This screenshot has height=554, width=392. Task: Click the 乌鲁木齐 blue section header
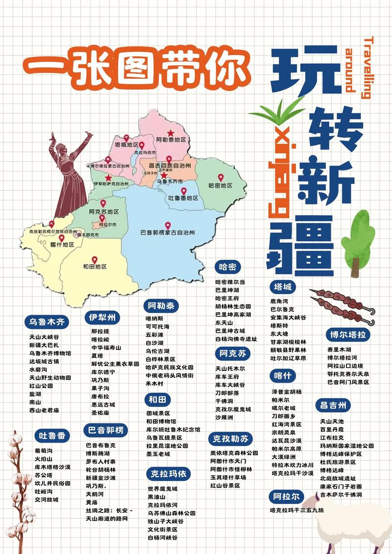click(x=47, y=322)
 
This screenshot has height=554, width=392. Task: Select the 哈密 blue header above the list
click(x=227, y=267)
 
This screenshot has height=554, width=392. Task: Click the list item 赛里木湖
click(x=339, y=349)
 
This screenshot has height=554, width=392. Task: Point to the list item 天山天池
click(x=332, y=420)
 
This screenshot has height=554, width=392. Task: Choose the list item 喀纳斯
click(x=154, y=318)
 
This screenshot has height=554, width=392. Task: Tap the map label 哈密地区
click(x=220, y=185)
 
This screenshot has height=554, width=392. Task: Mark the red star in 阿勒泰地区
click(x=170, y=133)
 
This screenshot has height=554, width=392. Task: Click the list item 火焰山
click(x=43, y=459)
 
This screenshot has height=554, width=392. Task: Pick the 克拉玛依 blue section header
click(x=167, y=474)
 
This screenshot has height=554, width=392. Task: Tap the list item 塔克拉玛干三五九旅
click(x=297, y=510)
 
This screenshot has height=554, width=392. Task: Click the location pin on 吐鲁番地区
click(x=183, y=191)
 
